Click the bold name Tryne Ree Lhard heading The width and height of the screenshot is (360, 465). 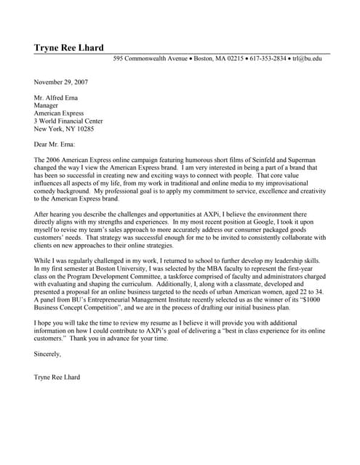(68, 48)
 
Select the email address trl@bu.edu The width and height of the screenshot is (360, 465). (307, 58)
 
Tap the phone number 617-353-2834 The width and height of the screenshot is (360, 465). (268, 58)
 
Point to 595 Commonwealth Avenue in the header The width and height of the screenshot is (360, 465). (151, 58)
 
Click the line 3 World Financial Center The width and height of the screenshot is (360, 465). (68, 121)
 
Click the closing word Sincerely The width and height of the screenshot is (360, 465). (48, 354)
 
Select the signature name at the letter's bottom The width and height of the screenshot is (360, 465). (57, 377)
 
